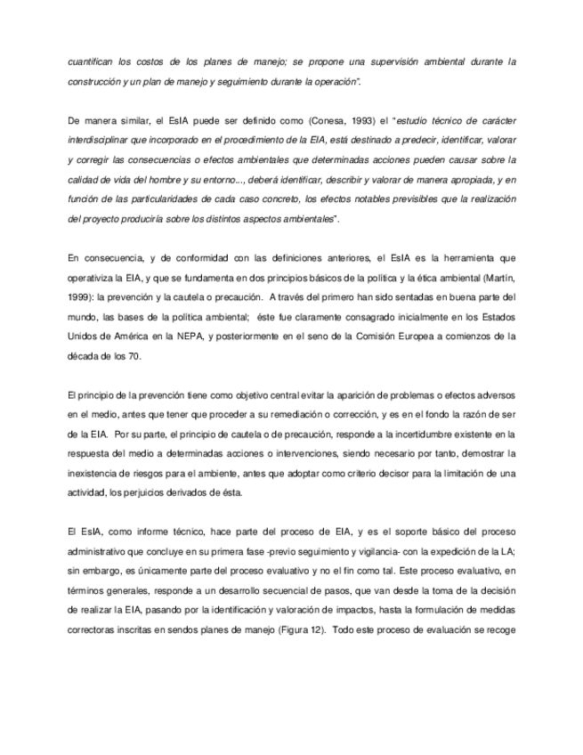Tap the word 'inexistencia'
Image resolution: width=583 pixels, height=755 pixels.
coord(95,475)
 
